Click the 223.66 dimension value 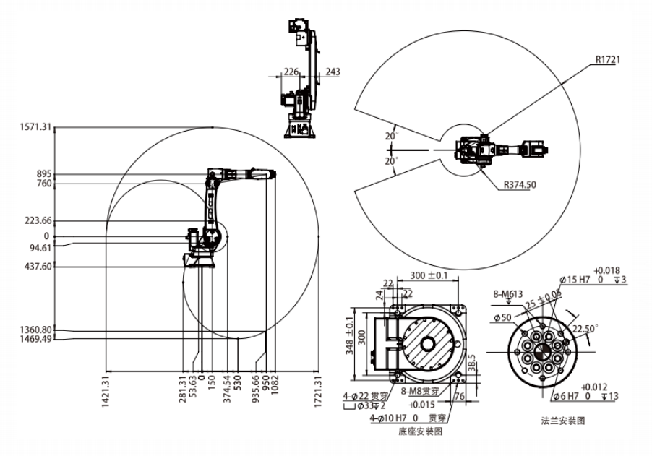tap(38, 221)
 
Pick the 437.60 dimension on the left tap(38, 267)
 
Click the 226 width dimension tap(291, 72)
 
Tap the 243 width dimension tap(333, 72)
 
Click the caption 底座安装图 tap(419, 431)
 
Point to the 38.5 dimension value tap(472, 362)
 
